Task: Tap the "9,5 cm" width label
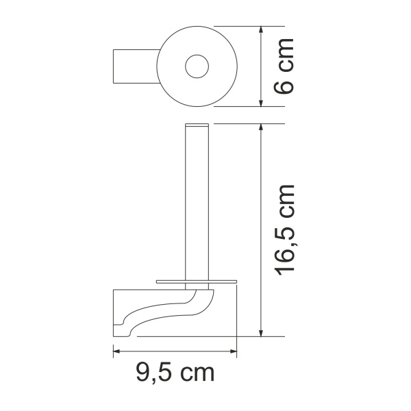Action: pos(175,373)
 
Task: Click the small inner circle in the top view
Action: pos(197,66)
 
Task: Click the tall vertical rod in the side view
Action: pos(197,206)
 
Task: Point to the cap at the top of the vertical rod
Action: pos(197,126)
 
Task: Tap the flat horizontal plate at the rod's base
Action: pos(197,281)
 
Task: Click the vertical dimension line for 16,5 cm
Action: pos(262,229)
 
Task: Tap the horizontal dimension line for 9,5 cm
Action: pos(175,352)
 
